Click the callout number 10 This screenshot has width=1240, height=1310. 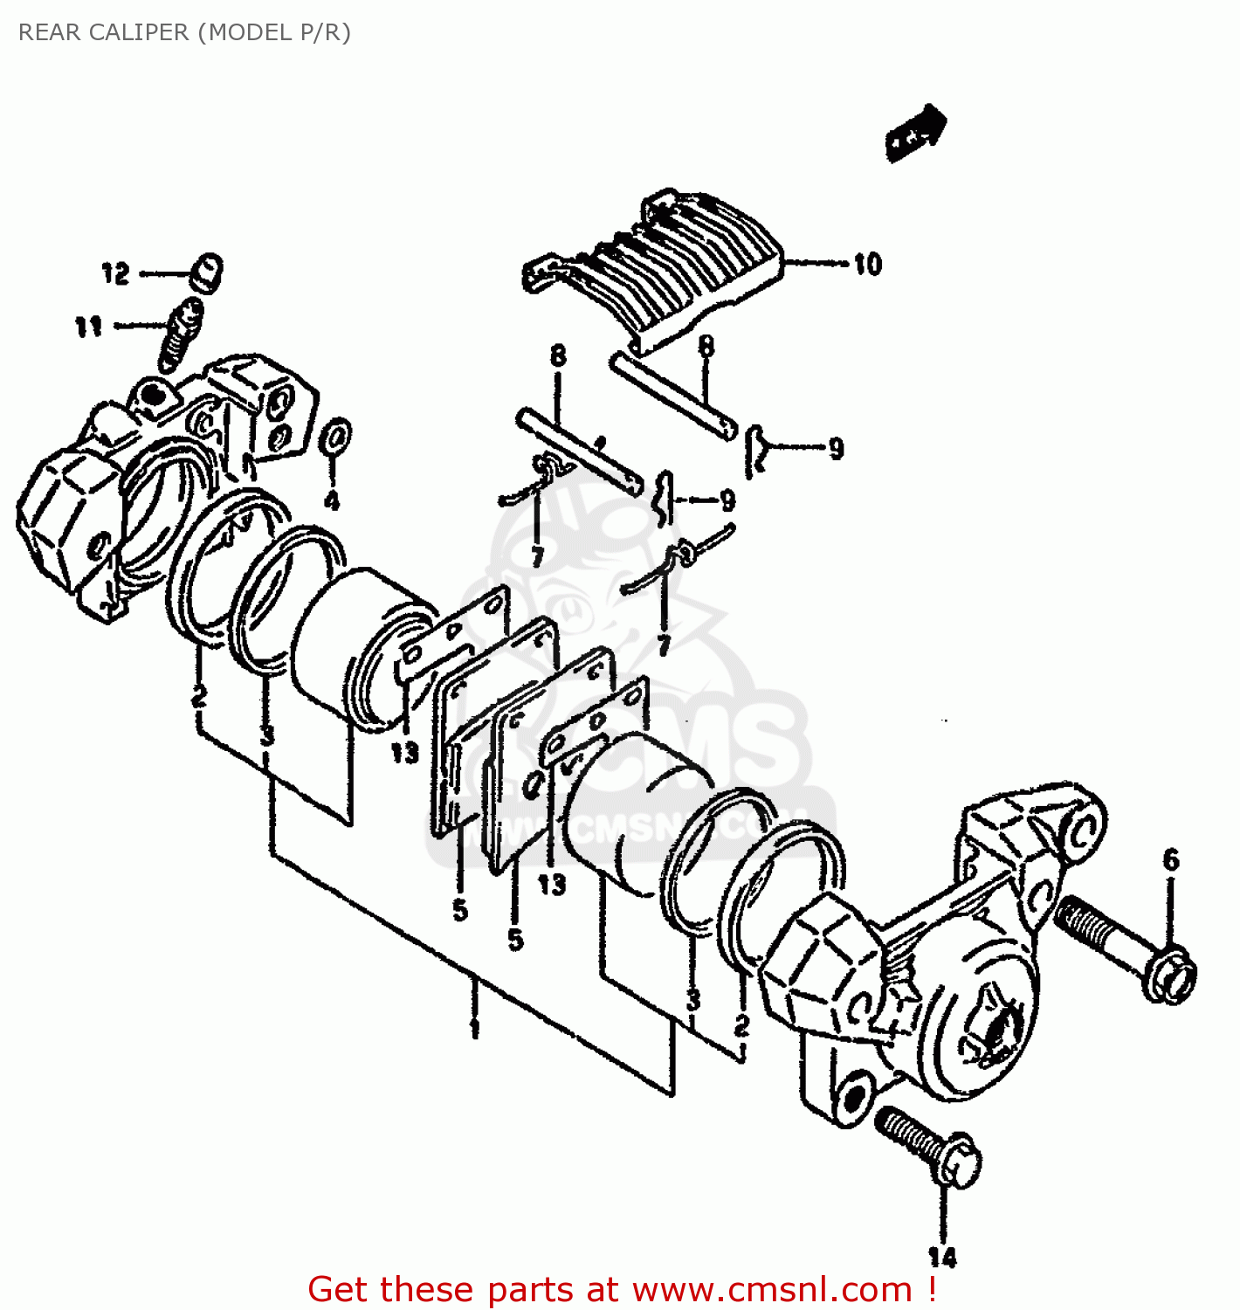(x=867, y=264)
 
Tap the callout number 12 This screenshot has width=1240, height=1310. (x=115, y=273)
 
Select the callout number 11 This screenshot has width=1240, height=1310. (x=88, y=327)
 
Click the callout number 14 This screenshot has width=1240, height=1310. (x=942, y=1258)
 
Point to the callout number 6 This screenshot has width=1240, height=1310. (x=1171, y=859)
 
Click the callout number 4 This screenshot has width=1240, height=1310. (x=332, y=500)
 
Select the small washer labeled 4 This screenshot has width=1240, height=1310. (x=336, y=437)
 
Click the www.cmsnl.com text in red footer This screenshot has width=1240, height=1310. (x=772, y=1289)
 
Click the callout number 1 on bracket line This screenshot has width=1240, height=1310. (x=474, y=1027)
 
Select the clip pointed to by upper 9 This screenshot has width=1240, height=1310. (x=755, y=451)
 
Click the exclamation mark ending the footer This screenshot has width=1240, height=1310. (x=933, y=1289)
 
